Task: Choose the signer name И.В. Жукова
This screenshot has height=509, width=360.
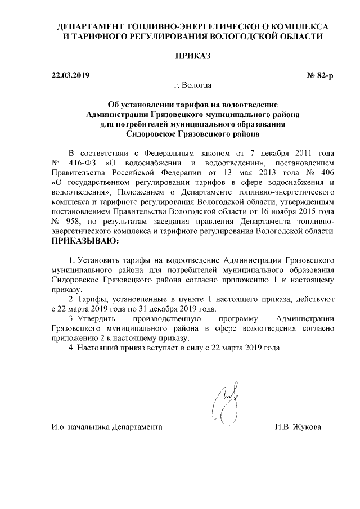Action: (x=298, y=427)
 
